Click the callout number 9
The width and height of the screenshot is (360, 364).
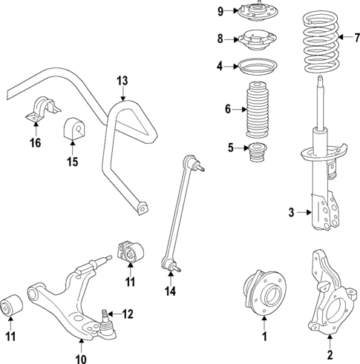pos(220,10)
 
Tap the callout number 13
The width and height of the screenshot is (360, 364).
pos(122,80)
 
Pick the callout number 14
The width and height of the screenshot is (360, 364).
pos(170,292)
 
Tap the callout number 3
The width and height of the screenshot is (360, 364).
pos(292,214)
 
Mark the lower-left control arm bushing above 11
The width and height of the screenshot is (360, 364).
pos(13,305)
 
